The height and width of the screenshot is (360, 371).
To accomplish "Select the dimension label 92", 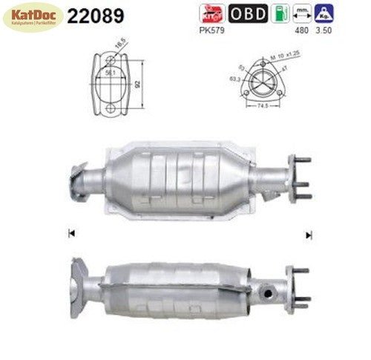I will tap(137, 84).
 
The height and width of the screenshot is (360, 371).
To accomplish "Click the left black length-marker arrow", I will tap(70, 234).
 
